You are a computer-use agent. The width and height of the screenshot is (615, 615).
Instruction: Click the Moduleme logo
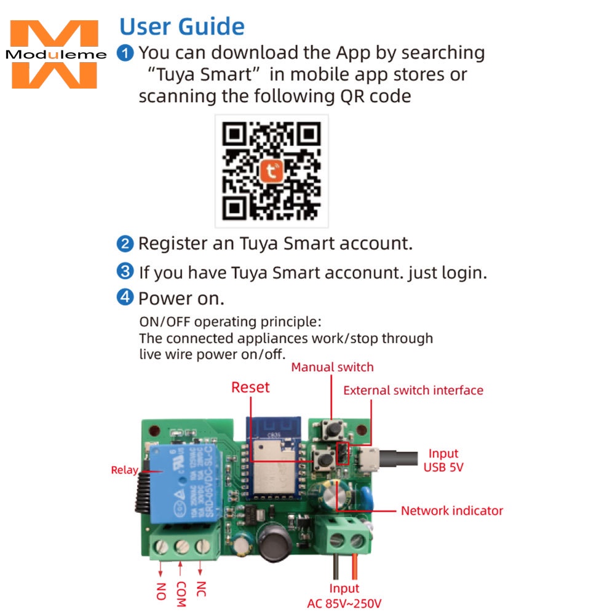tap(54, 55)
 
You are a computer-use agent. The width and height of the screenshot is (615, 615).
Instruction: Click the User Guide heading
tap(181, 26)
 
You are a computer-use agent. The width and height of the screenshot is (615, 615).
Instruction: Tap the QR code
tap(271, 171)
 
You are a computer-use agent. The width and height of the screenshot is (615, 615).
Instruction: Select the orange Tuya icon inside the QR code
tap(271, 170)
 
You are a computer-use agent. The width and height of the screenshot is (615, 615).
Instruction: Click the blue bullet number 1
tap(125, 53)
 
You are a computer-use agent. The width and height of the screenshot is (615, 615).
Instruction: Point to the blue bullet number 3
tap(125, 271)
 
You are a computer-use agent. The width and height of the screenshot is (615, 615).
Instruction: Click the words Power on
tap(181, 299)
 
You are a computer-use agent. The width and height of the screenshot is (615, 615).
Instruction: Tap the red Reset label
tap(250, 387)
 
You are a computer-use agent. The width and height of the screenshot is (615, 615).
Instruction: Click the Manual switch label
tap(332, 367)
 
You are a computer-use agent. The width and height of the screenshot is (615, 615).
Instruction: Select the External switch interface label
tap(413, 391)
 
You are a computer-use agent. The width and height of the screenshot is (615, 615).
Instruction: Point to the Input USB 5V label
tap(443, 461)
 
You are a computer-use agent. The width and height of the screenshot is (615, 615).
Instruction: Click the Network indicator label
tap(452, 510)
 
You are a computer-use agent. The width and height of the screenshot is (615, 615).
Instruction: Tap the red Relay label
tap(124, 470)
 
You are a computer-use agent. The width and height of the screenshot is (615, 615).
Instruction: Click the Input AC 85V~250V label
tap(344, 595)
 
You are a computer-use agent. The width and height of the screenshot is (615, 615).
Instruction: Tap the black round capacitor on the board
tap(272, 541)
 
